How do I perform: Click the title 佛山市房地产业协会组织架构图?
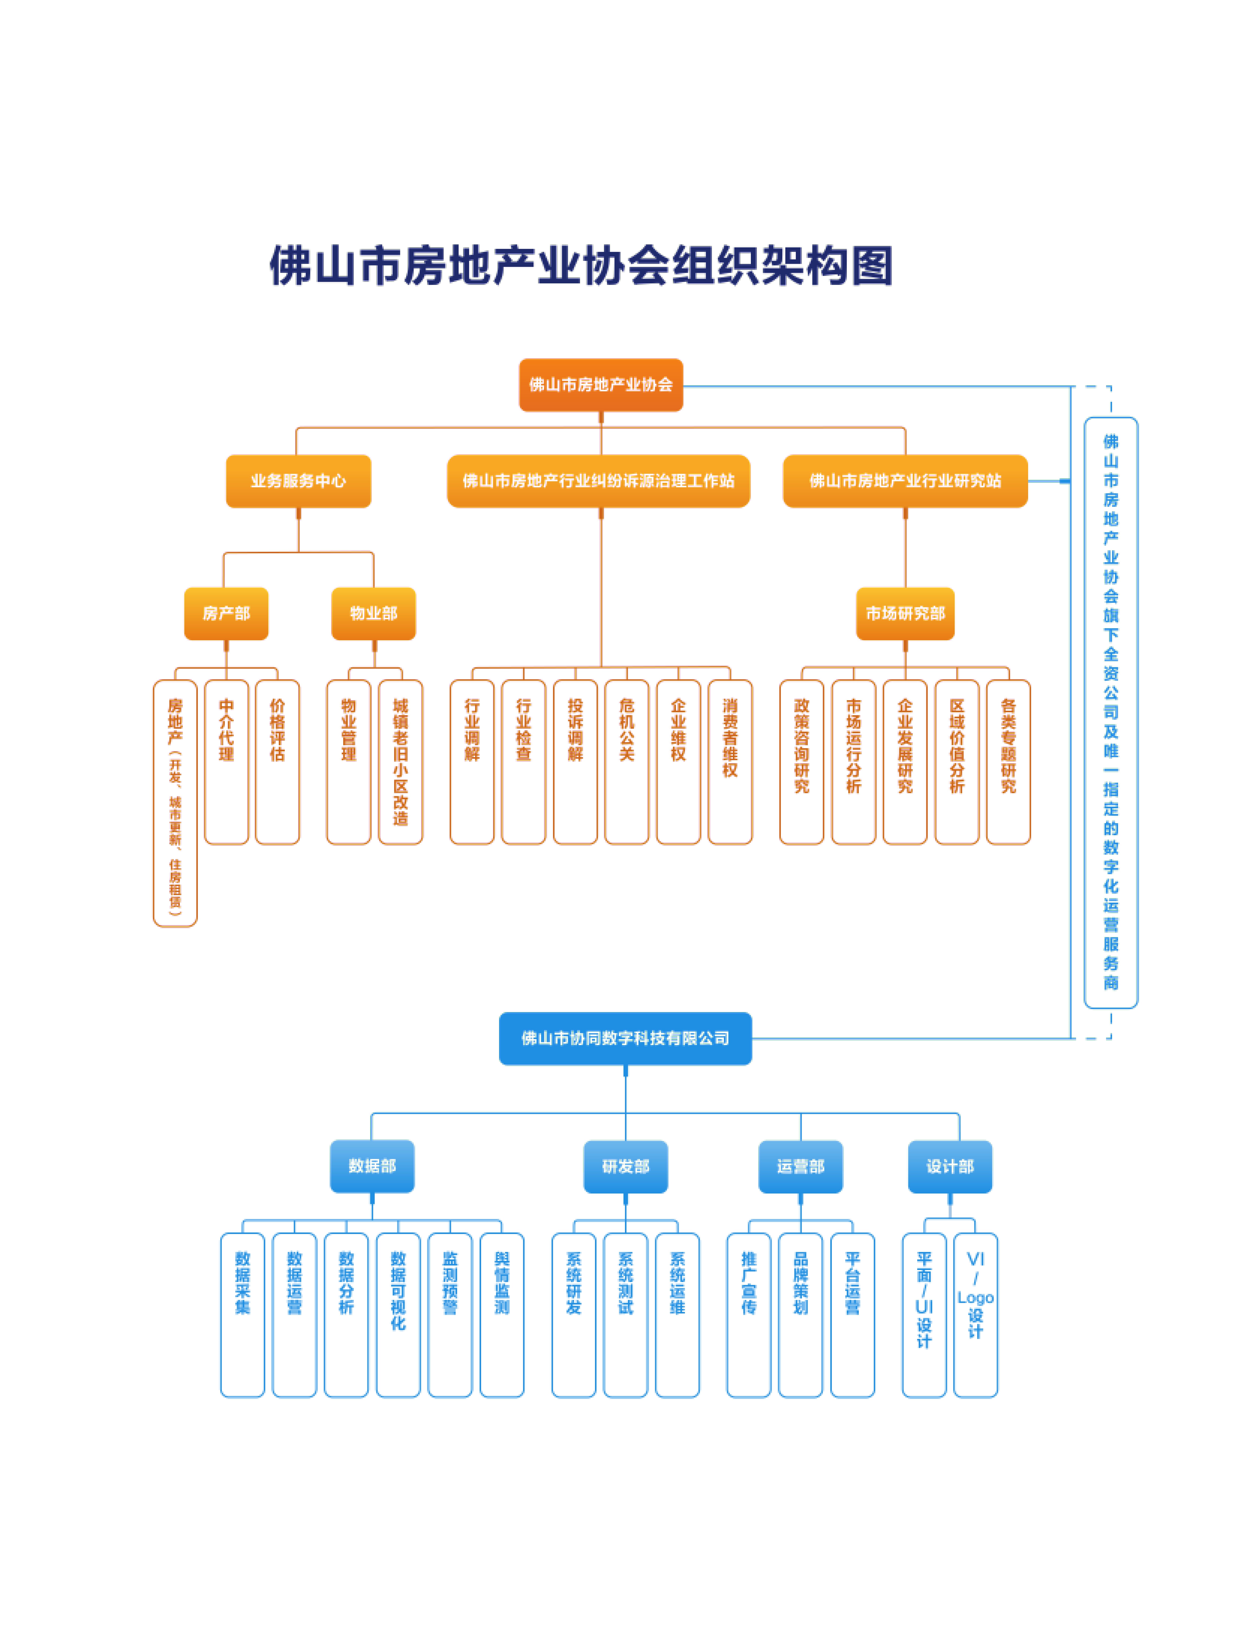coord(581,265)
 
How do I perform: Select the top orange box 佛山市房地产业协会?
coord(601,385)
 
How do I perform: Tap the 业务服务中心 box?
coord(298,481)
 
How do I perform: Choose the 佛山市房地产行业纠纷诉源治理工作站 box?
coord(598,481)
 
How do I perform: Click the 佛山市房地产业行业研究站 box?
coord(905,481)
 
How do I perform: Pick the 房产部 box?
coord(226,613)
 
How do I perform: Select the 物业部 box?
coord(373,613)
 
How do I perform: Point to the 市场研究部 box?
coord(905,613)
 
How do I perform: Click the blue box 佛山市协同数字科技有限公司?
coord(625,1038)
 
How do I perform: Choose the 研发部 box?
coord(625,1167)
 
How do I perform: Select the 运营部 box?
coord(800,1167)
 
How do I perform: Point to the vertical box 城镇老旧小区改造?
coord(400,762)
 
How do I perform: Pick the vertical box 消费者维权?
coord(730,762)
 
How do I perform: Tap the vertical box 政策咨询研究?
coord(801,762)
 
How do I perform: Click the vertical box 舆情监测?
coord(502,1315)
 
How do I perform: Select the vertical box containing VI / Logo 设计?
coord(975,1315)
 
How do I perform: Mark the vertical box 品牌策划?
coord(800,1315)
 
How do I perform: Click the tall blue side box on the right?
coord(1110,713)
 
